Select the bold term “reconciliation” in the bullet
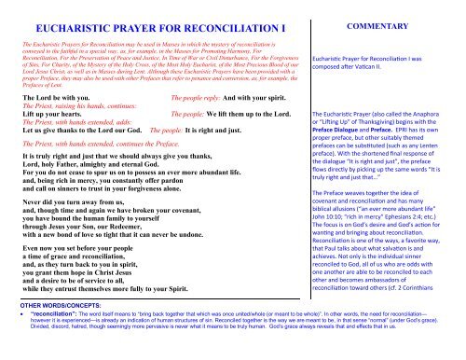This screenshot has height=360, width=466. coord(47,341)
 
